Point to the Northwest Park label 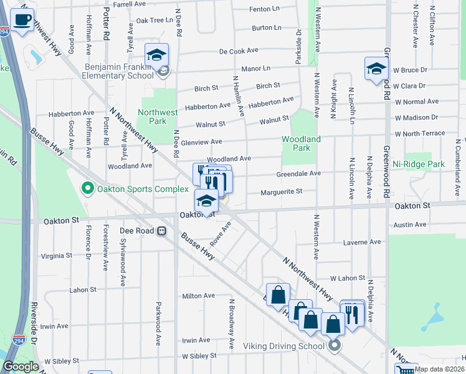pos(158,117)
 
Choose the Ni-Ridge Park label pos(418,164)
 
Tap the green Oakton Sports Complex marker pos(88,188)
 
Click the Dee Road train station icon pos(161,231)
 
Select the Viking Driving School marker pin pos(335,345)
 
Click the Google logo pos(21,367)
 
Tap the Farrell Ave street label pos(130,4)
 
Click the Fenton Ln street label pos(264,9)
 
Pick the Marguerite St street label pos(281,192)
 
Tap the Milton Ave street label pos(198,295)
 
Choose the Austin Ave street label pos(410,224)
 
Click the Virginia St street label pos(57,256)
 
